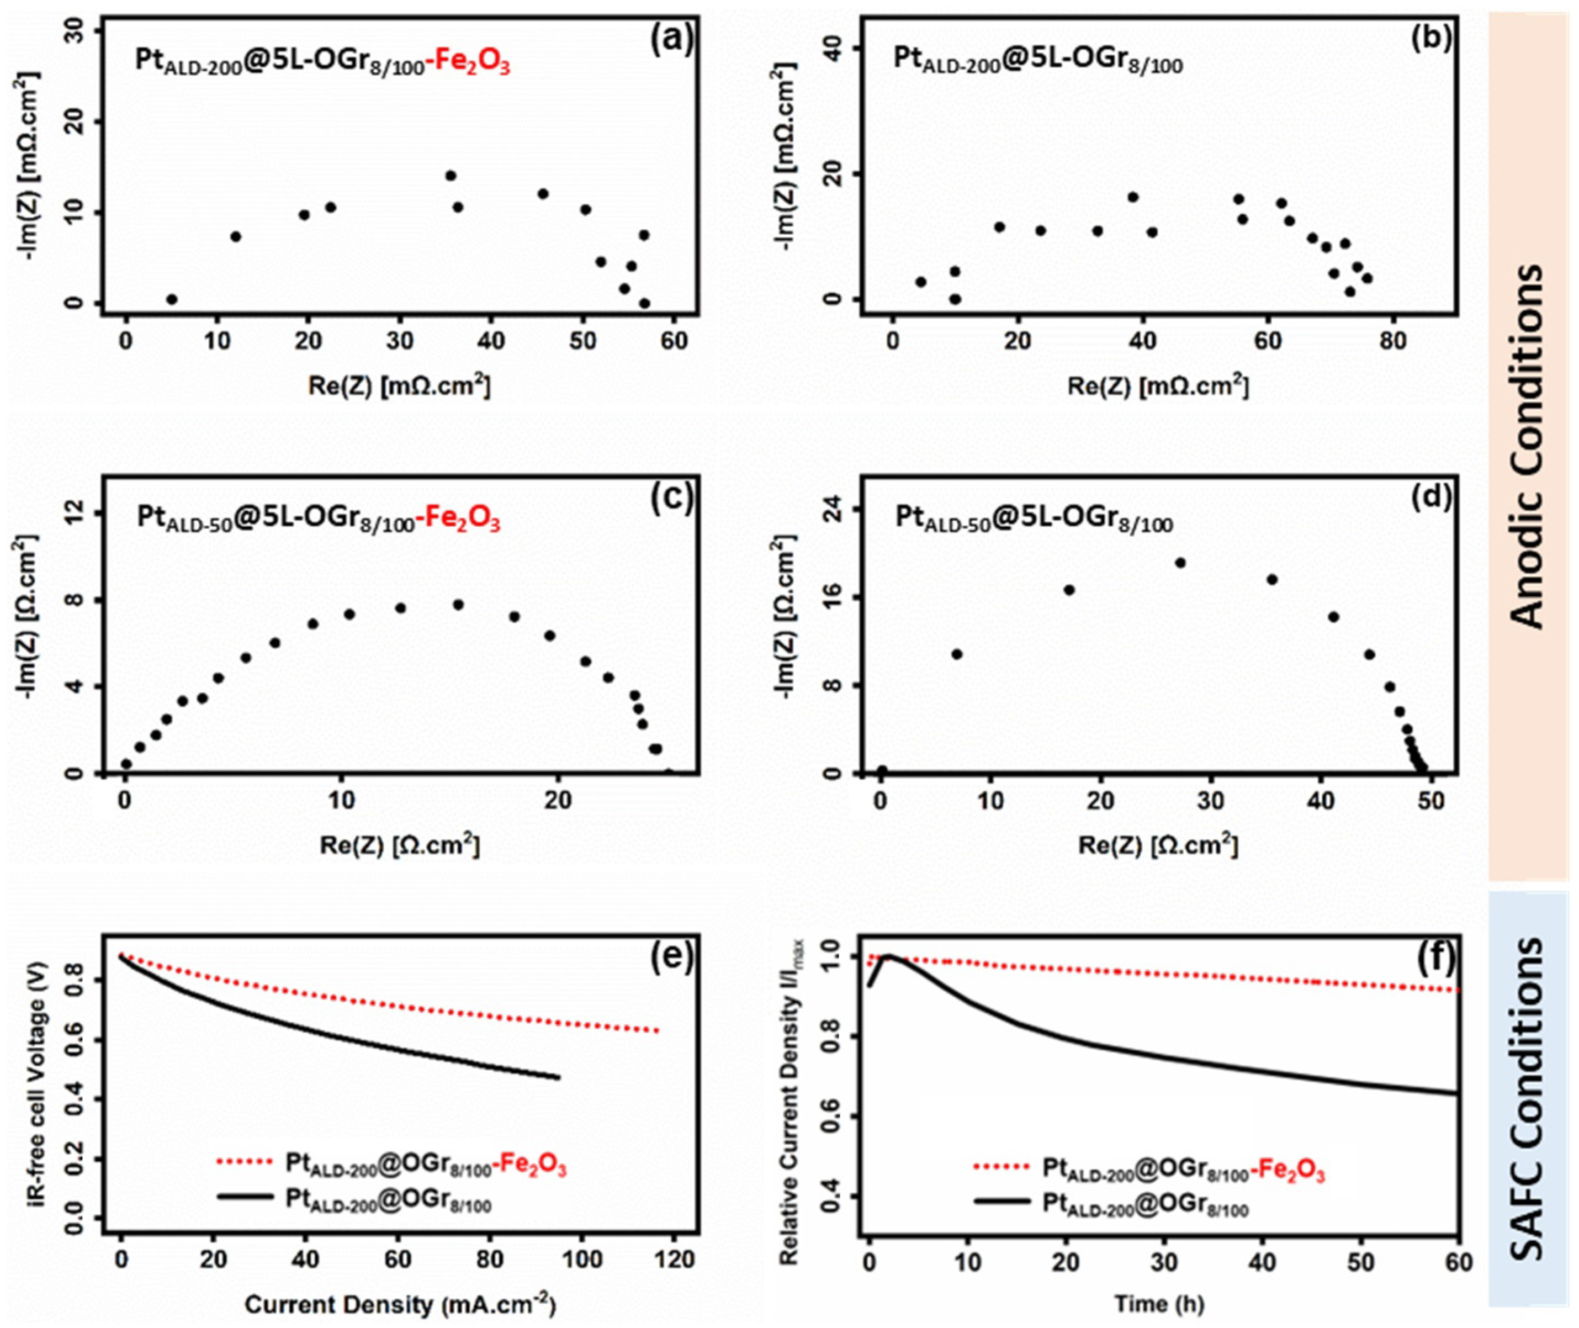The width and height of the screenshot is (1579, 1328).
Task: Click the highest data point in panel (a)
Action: point(451,176)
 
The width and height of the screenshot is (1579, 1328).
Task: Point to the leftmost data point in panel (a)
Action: point(172,299)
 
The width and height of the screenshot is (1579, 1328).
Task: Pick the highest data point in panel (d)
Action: point(1180,562)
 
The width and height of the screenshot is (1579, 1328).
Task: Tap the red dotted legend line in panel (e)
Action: point(245,1162)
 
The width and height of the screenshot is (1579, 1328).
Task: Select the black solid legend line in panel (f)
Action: point(1002,1202)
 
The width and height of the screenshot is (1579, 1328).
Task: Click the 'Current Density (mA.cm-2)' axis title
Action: point(400,1303)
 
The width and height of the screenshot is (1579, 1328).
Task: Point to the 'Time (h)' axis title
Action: point(1159,1303)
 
